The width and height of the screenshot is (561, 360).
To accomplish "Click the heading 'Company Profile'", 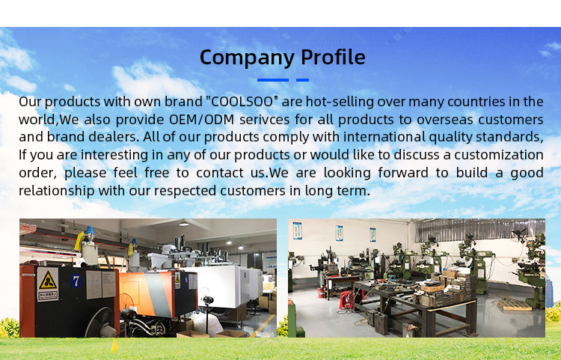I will (x=282, y=57).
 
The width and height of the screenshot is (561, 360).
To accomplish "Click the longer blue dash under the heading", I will (x=272, y=79).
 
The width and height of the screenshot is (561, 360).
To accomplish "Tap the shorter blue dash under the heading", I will (x=302, y=79).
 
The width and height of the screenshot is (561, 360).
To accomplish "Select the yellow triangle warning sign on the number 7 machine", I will (x=47, y=282).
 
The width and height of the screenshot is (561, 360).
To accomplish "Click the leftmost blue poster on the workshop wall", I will (x=297, y=231).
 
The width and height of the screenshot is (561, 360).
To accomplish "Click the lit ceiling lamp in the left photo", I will (x=183, y=223).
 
